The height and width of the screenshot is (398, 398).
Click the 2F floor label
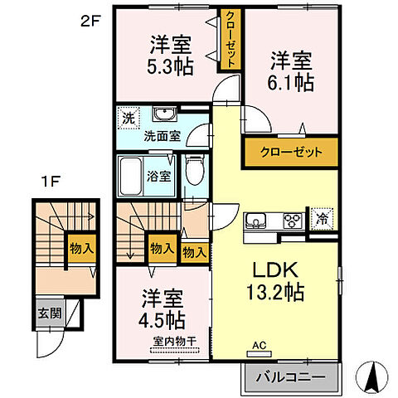pyautogui.click(x=90, y=23)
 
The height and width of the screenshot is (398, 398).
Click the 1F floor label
pyautogui.click(x=48, y=180)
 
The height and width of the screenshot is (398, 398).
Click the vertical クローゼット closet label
pyautogui.click(x=232, y=39)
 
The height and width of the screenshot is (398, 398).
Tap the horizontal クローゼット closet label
pyautogui.click(x=289, y=153)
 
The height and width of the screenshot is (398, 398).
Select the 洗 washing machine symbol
pyautogui.click(x=128, y=117)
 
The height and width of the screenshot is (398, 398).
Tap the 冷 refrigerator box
pyautogui.click(x=321, y=221)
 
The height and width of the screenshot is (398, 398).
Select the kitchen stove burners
pyautogui.click(x=292, y=221)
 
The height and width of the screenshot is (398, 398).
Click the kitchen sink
pyautogui.click(x=255, y=221)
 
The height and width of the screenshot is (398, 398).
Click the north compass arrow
pyautogui.click(x=371, y=377)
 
